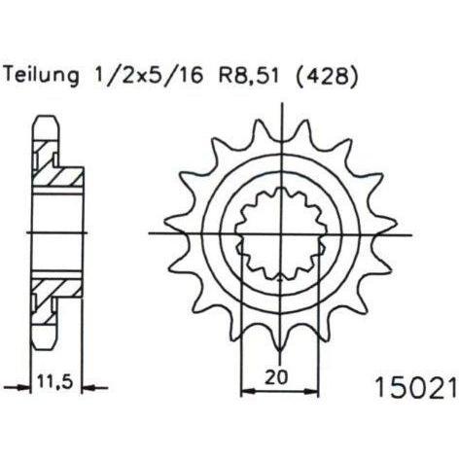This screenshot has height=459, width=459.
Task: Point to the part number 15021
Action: (416, 387)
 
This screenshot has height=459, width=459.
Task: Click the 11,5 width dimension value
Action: (54, 381)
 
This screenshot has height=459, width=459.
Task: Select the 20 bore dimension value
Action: (276, 376)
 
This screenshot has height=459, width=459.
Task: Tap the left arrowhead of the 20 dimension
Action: (248, 392)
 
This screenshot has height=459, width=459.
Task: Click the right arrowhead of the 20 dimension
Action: (311, 392)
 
